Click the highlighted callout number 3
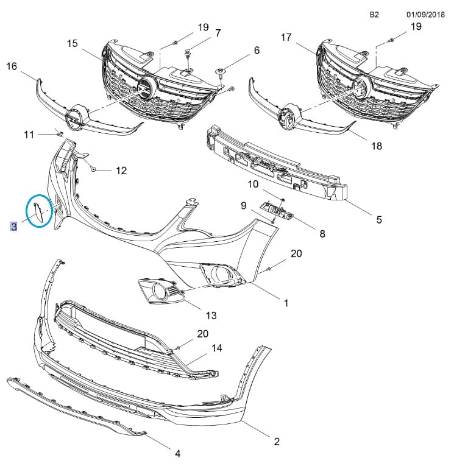pos(14,227)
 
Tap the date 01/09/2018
pos(425,15)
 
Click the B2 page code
pos(374,15)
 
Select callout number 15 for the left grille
pos(72,43)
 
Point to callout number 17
pos(286,37)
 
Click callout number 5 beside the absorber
pos(379,220)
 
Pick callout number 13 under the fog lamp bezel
pos(211,316)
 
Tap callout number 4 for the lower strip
pos(177,453)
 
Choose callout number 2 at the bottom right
pos(277,442)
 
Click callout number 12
pos(121,171)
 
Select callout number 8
pos(322,233)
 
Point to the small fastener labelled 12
pos(94,169)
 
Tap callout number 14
pos(217,348)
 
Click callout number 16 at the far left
pos(12,66)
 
